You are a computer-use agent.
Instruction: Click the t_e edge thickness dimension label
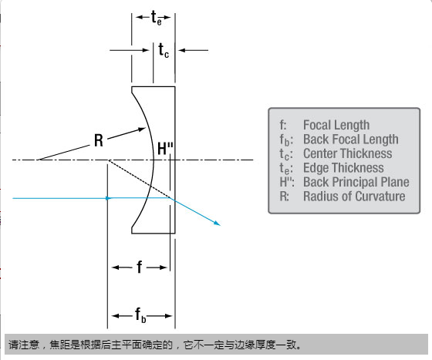point(157,18)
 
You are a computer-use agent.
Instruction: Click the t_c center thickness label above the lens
point(164,51)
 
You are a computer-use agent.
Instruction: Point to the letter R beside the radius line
point(99,140)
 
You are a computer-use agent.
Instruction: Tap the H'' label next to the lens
point(165,149)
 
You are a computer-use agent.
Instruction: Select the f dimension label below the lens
point(140,267)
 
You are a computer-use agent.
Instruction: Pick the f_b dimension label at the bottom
point(140,315)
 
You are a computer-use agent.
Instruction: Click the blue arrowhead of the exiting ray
point(217,224)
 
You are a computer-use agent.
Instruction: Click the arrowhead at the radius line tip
point(142,129)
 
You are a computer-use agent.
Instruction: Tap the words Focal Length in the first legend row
point(336,125)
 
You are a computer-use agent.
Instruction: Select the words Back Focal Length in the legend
point(351,140)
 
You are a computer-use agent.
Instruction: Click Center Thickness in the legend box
point(347,153)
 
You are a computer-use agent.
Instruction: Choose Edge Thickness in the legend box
point(343,168)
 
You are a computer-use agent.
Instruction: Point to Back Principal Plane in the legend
point(356,182)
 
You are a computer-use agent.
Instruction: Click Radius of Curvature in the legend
point(354,197)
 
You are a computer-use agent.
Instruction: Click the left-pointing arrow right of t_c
point(193,50)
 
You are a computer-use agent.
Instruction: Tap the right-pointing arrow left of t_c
point(130,50)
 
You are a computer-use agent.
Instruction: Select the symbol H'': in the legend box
point(287,182)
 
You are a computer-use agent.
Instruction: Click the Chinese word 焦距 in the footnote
point(59,345)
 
